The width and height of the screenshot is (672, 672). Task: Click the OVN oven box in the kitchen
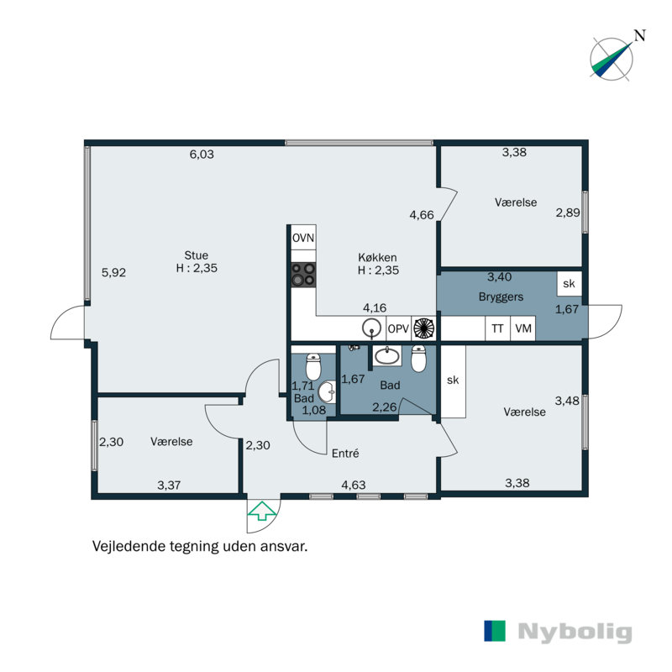[303, 238]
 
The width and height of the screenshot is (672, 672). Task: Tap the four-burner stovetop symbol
[303, 275]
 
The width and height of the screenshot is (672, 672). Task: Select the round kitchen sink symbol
[371, 328]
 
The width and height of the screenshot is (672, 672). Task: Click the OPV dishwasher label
[398, 328]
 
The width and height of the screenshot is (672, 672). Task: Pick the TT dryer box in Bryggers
[497, 328]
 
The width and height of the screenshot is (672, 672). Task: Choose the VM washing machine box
[522, 328]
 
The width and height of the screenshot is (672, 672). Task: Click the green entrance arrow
[262, 512]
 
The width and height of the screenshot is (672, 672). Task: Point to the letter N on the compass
[640, 35]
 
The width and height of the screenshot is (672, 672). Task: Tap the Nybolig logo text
[575, 633]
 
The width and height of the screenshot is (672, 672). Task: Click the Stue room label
[197, 255]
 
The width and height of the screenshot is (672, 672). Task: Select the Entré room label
[345, 453]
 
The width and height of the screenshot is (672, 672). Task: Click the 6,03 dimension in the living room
[202, 155]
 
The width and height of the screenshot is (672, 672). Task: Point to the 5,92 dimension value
[113, 272]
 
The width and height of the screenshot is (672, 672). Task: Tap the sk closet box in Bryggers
[570, 284]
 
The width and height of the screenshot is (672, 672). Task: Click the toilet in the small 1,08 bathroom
[313, 367]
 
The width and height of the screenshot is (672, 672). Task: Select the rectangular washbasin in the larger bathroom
[387, 355]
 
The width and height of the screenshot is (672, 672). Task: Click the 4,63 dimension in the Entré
[354, 486]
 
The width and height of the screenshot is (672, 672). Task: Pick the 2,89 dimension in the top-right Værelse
[568, 213]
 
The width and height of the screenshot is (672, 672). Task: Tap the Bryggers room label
[501, 297]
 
